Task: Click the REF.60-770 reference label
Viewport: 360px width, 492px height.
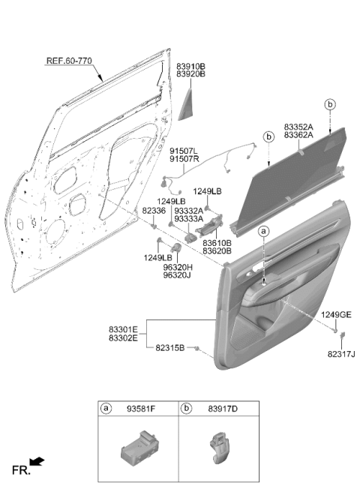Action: pyautogui.click(x=69, y=61)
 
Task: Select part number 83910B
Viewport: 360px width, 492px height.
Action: pyautogui.click(x=190, y=67)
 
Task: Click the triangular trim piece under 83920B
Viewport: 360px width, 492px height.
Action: pyautogui.click(x=187, y=104)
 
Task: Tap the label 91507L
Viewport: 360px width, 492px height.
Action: pyautogui.click(x=184, y=151)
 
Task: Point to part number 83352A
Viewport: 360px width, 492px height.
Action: pyautogui.click(x=298, y=127)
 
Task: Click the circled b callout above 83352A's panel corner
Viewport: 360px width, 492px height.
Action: pyautogui.click(x=330, y=104)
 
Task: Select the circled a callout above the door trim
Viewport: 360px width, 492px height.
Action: pyautogui.click(x=264, y=232)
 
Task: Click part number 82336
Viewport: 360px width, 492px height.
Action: pyautogui.click(x=154, y=211)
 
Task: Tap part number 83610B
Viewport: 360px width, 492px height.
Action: pyautogui.click(x=217, y=243)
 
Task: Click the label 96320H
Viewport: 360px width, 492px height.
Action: pyautogui.click(x=178, y=268)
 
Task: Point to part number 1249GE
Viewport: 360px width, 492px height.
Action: pyautogui.click(x=336, y=315)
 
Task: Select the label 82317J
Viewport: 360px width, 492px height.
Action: pyautogui.click(x=341, y=354)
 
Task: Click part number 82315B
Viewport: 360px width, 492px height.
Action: pyautogui.click(x=170, y=348)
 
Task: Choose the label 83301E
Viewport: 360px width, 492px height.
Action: pyautogui.click(x=123, y=330)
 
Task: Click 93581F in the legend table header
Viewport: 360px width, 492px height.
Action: pyautogui.click(x=141, y=409)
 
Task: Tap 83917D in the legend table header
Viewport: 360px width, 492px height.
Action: pyautogui.click(x=223, y=409)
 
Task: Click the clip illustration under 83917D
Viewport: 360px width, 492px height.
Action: pyautogui.click(x=219, y=448)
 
